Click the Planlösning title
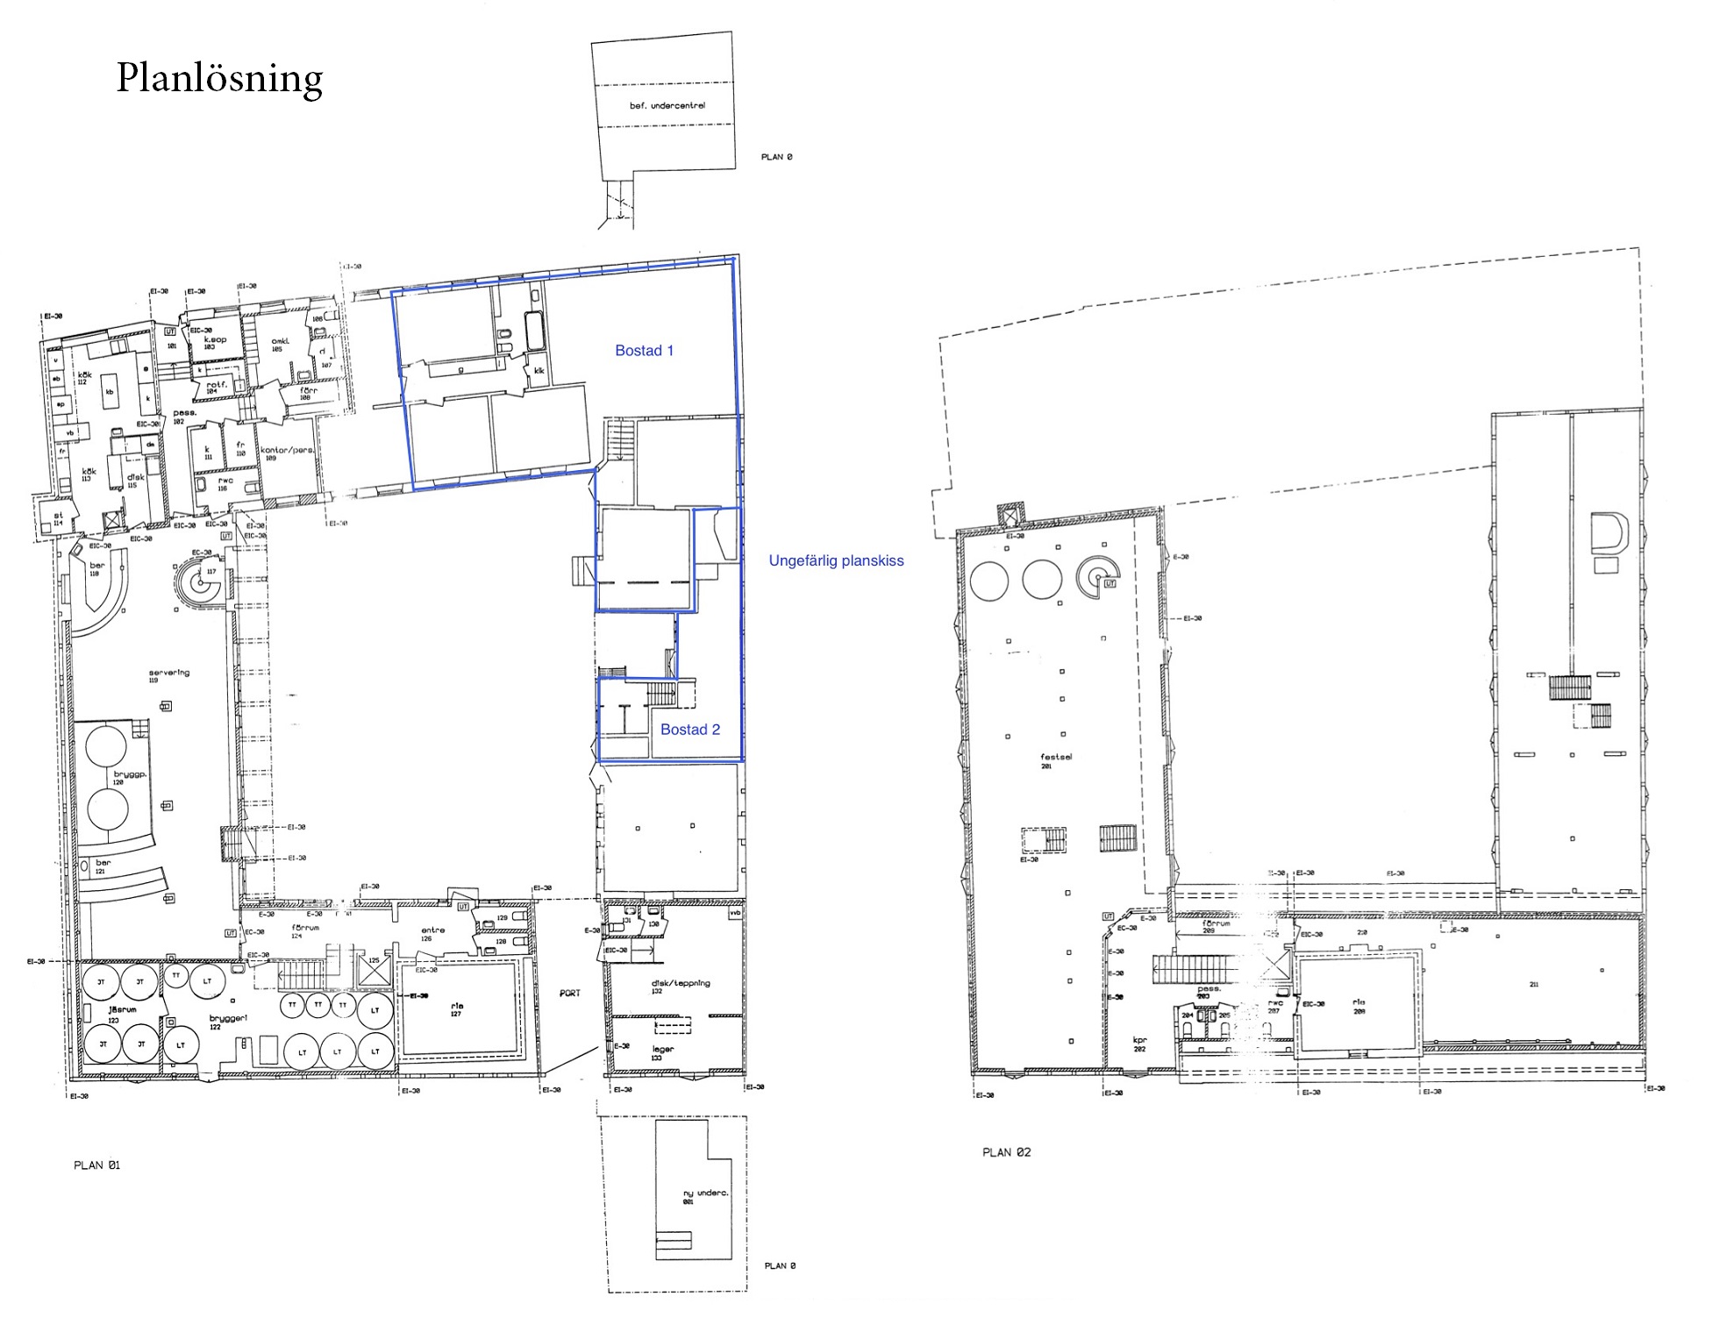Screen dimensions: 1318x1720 click(x=219, y=79)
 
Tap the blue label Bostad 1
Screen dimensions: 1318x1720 click(x=644, y=351)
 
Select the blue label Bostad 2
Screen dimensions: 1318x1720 click(x=689, y=730)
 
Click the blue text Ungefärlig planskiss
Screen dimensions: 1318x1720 click(x=835, y=561)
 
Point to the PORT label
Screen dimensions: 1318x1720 click(x=570, y=994)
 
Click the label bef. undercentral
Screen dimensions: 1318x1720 click(x=667, y=106)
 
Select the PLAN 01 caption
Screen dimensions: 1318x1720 click(x=96, y=1165)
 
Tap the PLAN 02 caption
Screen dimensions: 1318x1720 click(x=1005, y=1152)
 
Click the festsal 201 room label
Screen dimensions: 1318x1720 click(x=1055, y=760)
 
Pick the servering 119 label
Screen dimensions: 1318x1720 click(x=168, y=675)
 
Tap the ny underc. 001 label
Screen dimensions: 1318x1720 click(x=704, y=1196)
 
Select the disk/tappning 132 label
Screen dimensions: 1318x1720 click(x=680, y=987)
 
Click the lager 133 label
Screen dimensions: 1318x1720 click(x=662, y=1052)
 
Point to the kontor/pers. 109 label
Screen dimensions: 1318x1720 click(x=287, y=452)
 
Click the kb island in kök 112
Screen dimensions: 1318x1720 click(x=110, y=392)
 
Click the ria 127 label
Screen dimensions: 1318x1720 click(x=456, y=1009)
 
